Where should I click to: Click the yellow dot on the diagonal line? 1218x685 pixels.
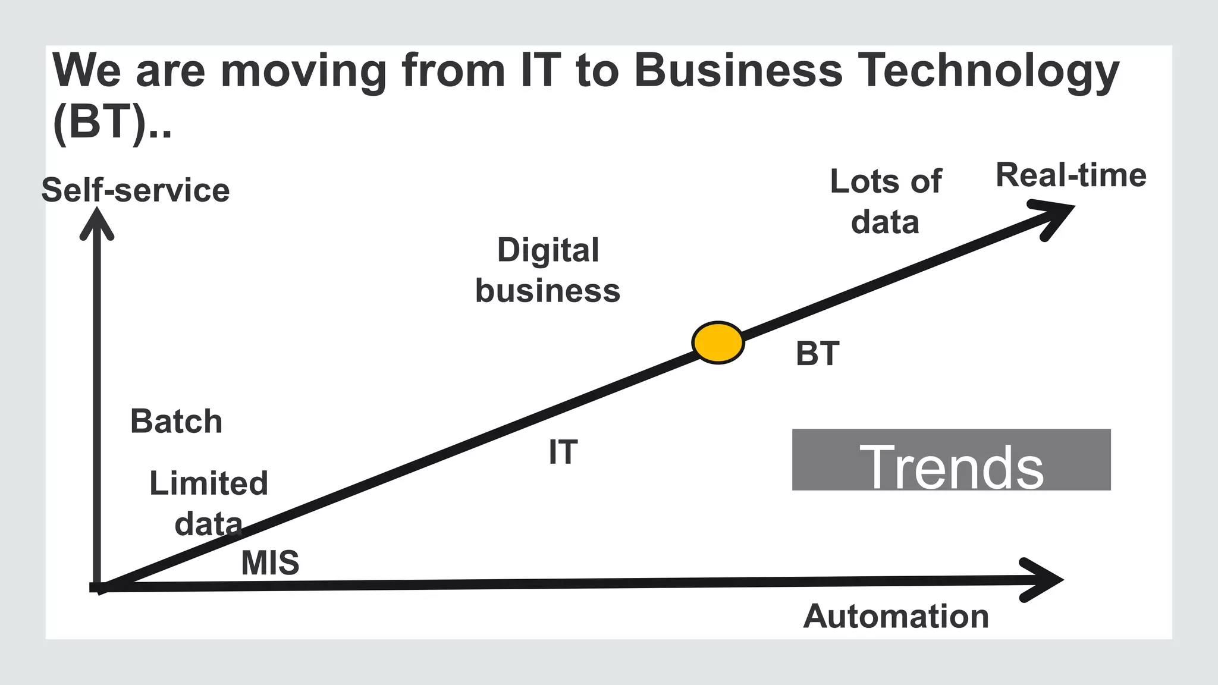718,342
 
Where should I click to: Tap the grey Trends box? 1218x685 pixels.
951,460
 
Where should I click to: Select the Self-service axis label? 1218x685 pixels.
136,190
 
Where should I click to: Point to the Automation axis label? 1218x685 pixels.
896,616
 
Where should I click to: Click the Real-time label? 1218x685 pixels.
1071,175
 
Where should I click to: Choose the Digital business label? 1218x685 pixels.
548,270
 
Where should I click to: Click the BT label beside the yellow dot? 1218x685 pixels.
817,354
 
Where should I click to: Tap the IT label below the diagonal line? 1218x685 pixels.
563,453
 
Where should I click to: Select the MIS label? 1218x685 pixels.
270,563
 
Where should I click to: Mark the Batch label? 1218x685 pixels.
176,422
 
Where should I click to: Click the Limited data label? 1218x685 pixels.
208,503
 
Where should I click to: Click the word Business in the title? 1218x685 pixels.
738,70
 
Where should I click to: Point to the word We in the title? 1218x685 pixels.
87,70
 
